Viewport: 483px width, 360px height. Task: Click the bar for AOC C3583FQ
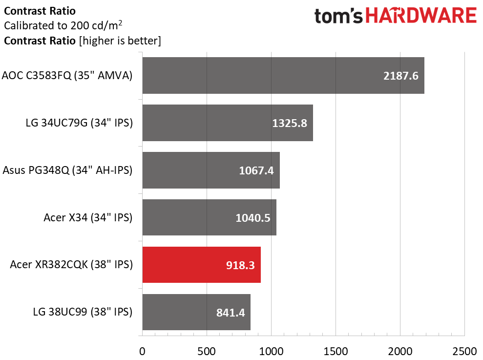click(x=283, y=76)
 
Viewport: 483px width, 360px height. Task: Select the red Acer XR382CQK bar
click(x=202, y=265)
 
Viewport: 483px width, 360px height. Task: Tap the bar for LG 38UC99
click(x=196, y=312)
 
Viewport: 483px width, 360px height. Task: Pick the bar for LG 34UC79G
click(x=228, y=123)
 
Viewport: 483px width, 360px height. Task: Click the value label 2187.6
click(x=401, y=76)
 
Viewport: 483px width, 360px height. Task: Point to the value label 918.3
click(x=240, y=265)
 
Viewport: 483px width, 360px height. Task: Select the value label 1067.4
click(x=256, y=170)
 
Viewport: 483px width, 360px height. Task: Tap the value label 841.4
click(x=231, y=313)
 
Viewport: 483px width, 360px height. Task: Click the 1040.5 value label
click(x=253, y=218)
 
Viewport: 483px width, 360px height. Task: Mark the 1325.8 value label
click(x=290, y=123)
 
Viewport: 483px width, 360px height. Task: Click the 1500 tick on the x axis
click(x=336, y=351)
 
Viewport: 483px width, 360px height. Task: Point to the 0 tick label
click(x=142, y=351)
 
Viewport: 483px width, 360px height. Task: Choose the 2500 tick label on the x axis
click(x=464, y=351)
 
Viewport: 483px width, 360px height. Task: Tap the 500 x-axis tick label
click(x=207, y=351)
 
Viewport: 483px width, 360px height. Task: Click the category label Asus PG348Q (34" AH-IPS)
click(x=67, y=170)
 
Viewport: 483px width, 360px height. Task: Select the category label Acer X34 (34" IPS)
click(x=88, y=217)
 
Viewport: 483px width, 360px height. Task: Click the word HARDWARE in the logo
click(x=421, y=16)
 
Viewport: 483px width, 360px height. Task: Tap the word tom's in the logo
click(x=338, y=16)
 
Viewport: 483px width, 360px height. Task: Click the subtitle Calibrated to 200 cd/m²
click(x=63, y=25)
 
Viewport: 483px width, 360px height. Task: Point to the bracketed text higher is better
click(x=120, y=41)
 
